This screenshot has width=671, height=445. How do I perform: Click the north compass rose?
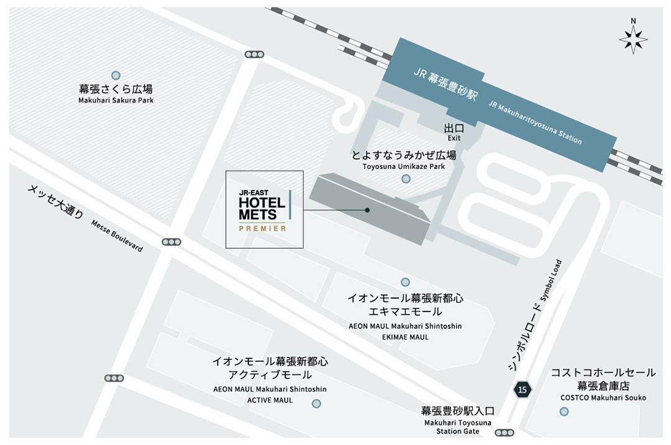pos(633,40)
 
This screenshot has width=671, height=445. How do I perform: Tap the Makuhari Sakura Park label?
pos(116,100)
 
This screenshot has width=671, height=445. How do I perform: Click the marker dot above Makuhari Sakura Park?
pos(116,74)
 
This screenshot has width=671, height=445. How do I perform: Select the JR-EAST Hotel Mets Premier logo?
pos(264,210)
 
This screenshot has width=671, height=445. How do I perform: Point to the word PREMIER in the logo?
pos(263,228)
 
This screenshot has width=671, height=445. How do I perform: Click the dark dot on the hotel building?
pos(367,210)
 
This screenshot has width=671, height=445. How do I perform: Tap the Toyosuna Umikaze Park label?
pos(404,166)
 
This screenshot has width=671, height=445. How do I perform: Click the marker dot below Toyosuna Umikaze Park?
pos(406,179)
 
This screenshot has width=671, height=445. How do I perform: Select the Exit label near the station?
pos(454,138)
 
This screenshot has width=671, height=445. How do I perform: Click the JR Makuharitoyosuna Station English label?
pos(535,122)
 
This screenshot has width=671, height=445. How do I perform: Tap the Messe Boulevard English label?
pos(117,236)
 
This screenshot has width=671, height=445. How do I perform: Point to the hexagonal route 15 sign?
pos(523,390)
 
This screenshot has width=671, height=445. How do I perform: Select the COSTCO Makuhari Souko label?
pos(603,397)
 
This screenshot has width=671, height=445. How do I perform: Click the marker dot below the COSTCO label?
pos(564,411)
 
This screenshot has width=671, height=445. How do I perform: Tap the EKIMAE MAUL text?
pos(406,337)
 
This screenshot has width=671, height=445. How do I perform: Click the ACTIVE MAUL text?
pos(270,400)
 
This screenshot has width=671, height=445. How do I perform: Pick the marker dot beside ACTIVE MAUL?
pos(316,403)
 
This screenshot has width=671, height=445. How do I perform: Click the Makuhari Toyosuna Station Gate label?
pos(457,427)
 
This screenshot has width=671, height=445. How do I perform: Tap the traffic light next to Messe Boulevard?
pos(171,241)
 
